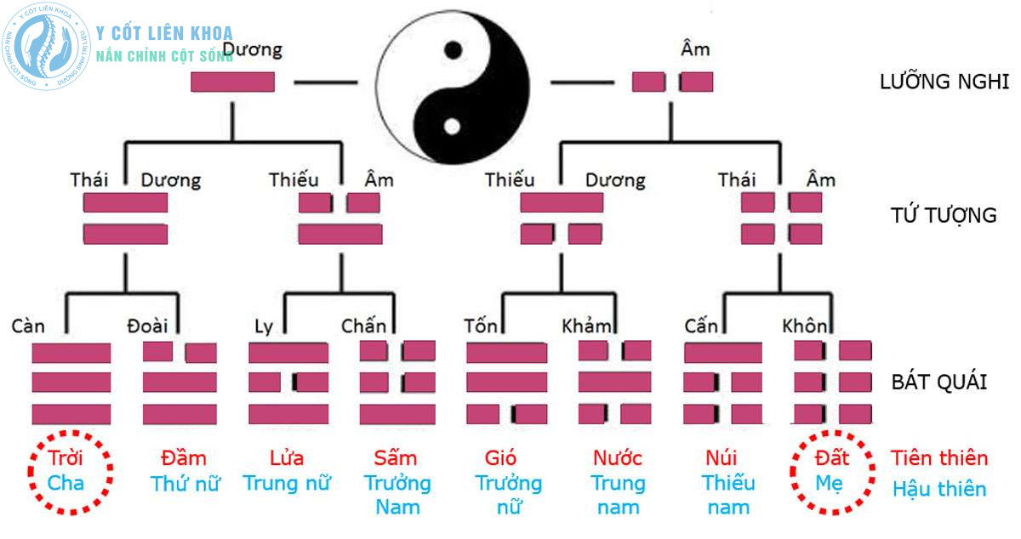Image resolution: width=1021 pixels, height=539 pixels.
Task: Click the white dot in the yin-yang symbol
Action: [x=452, y=126]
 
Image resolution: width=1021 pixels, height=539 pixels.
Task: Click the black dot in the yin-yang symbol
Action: [x=453, y=50]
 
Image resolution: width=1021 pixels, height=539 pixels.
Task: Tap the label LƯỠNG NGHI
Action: [x=944, y=81]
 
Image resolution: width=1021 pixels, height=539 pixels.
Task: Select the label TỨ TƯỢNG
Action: [x=944, y=215]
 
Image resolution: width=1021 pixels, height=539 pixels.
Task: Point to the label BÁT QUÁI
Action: [x=939, y=382]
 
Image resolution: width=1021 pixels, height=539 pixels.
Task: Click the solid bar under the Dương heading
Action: [x=232, y=82]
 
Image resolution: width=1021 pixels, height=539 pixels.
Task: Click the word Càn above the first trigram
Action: [x=28, y=326]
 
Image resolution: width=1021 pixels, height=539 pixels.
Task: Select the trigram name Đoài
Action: [x=147, y=326]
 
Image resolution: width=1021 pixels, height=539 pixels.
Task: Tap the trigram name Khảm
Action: [x=586, y=326]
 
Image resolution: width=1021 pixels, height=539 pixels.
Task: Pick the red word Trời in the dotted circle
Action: [x=66, y=458]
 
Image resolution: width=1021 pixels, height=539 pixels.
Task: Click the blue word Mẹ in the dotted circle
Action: [x=829, y=484]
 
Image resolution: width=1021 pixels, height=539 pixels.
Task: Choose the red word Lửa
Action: [x=286, y=458]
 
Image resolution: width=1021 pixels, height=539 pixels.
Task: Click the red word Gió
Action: [x=500, y=458]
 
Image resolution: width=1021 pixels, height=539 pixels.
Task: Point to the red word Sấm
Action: [x=396, y=458]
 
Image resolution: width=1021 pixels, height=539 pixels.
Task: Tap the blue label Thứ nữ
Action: [x=185, y=484]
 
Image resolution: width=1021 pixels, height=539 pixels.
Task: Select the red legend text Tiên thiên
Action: [x=939, y=458]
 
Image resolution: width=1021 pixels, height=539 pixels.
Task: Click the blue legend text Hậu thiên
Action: [x=939, y=489]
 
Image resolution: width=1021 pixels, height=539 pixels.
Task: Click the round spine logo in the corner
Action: [x=46, y=46]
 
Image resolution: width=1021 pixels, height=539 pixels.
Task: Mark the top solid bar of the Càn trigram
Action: [x=71, y=353]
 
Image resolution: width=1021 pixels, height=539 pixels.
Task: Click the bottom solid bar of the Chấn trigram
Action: [x=397, y=415]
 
